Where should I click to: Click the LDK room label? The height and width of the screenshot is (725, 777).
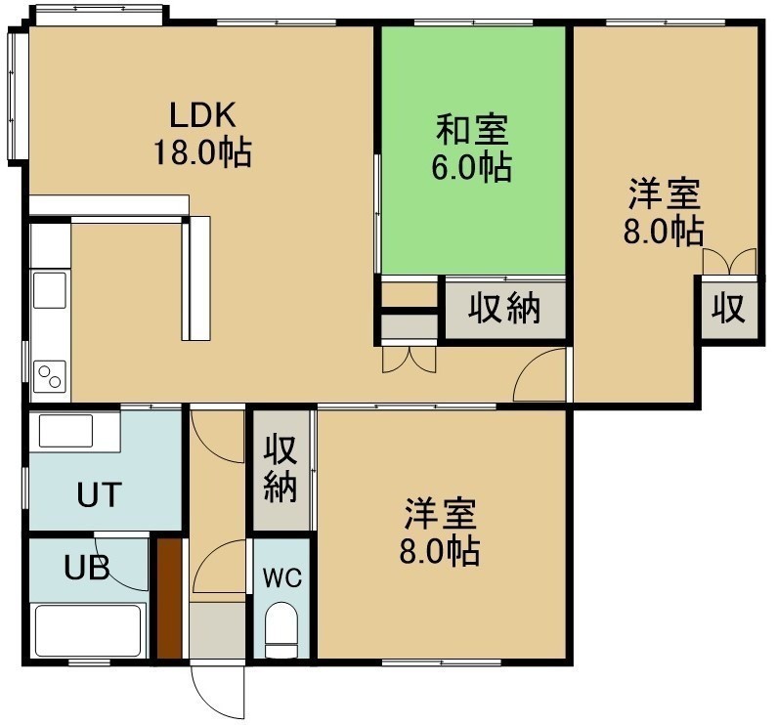click(202, 115)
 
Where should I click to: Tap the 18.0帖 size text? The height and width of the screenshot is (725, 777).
click(202, 152)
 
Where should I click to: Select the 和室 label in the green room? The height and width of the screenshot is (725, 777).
click(472, 130)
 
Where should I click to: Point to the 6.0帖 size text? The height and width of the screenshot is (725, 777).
click(472, 167)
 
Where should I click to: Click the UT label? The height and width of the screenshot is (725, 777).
click(100, 494)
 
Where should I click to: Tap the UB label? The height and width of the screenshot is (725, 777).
click(87, 568)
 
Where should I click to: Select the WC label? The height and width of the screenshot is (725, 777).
click(281, 577)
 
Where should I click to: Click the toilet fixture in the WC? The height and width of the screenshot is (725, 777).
click(281, 629)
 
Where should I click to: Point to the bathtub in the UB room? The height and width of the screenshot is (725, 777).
click(89, 630)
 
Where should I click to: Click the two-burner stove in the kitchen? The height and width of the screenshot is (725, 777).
click(50, 376)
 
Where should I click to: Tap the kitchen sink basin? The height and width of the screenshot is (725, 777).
click(50, 290)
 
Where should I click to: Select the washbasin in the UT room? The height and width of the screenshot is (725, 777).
click(65, 431)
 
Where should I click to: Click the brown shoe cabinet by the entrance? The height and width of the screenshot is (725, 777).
click(169, 598)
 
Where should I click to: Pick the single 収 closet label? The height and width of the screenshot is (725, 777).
click(728, 308)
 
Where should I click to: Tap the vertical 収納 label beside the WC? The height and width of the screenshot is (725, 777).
click(281, 469)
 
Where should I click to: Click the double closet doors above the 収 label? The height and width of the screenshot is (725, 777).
click(729, 261)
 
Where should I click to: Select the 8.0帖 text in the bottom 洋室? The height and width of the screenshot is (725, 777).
click(440, 551)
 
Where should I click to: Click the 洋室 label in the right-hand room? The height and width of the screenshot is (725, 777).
click(664, 194)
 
